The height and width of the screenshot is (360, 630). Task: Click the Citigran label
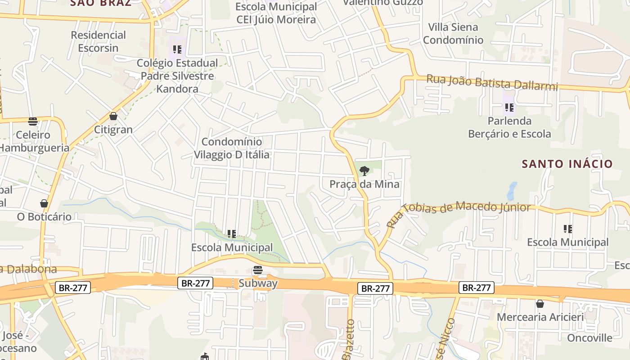113,130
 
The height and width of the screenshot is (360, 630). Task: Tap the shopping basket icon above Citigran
113,116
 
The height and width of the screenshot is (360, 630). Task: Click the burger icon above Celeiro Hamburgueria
33,121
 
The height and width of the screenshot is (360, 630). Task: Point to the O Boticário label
44,216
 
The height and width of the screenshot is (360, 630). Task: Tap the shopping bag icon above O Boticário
44,203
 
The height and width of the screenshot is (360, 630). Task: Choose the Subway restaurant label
258,283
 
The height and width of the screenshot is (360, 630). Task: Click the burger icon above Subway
258,270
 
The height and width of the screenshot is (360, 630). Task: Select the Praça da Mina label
364,184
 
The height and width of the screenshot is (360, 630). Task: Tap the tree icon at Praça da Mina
364,171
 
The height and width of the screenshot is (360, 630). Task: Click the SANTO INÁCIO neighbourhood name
567,163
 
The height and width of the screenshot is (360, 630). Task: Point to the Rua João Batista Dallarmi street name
492,83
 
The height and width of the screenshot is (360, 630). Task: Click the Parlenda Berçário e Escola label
509,127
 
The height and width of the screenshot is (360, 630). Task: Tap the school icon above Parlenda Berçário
509,108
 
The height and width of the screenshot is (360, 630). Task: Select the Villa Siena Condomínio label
453,33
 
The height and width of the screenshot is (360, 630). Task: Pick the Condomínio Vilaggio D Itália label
232,148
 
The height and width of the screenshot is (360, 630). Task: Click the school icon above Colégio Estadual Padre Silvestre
177,49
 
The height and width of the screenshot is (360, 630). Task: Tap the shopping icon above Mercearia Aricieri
540,304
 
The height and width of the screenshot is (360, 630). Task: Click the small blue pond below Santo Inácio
512,191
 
